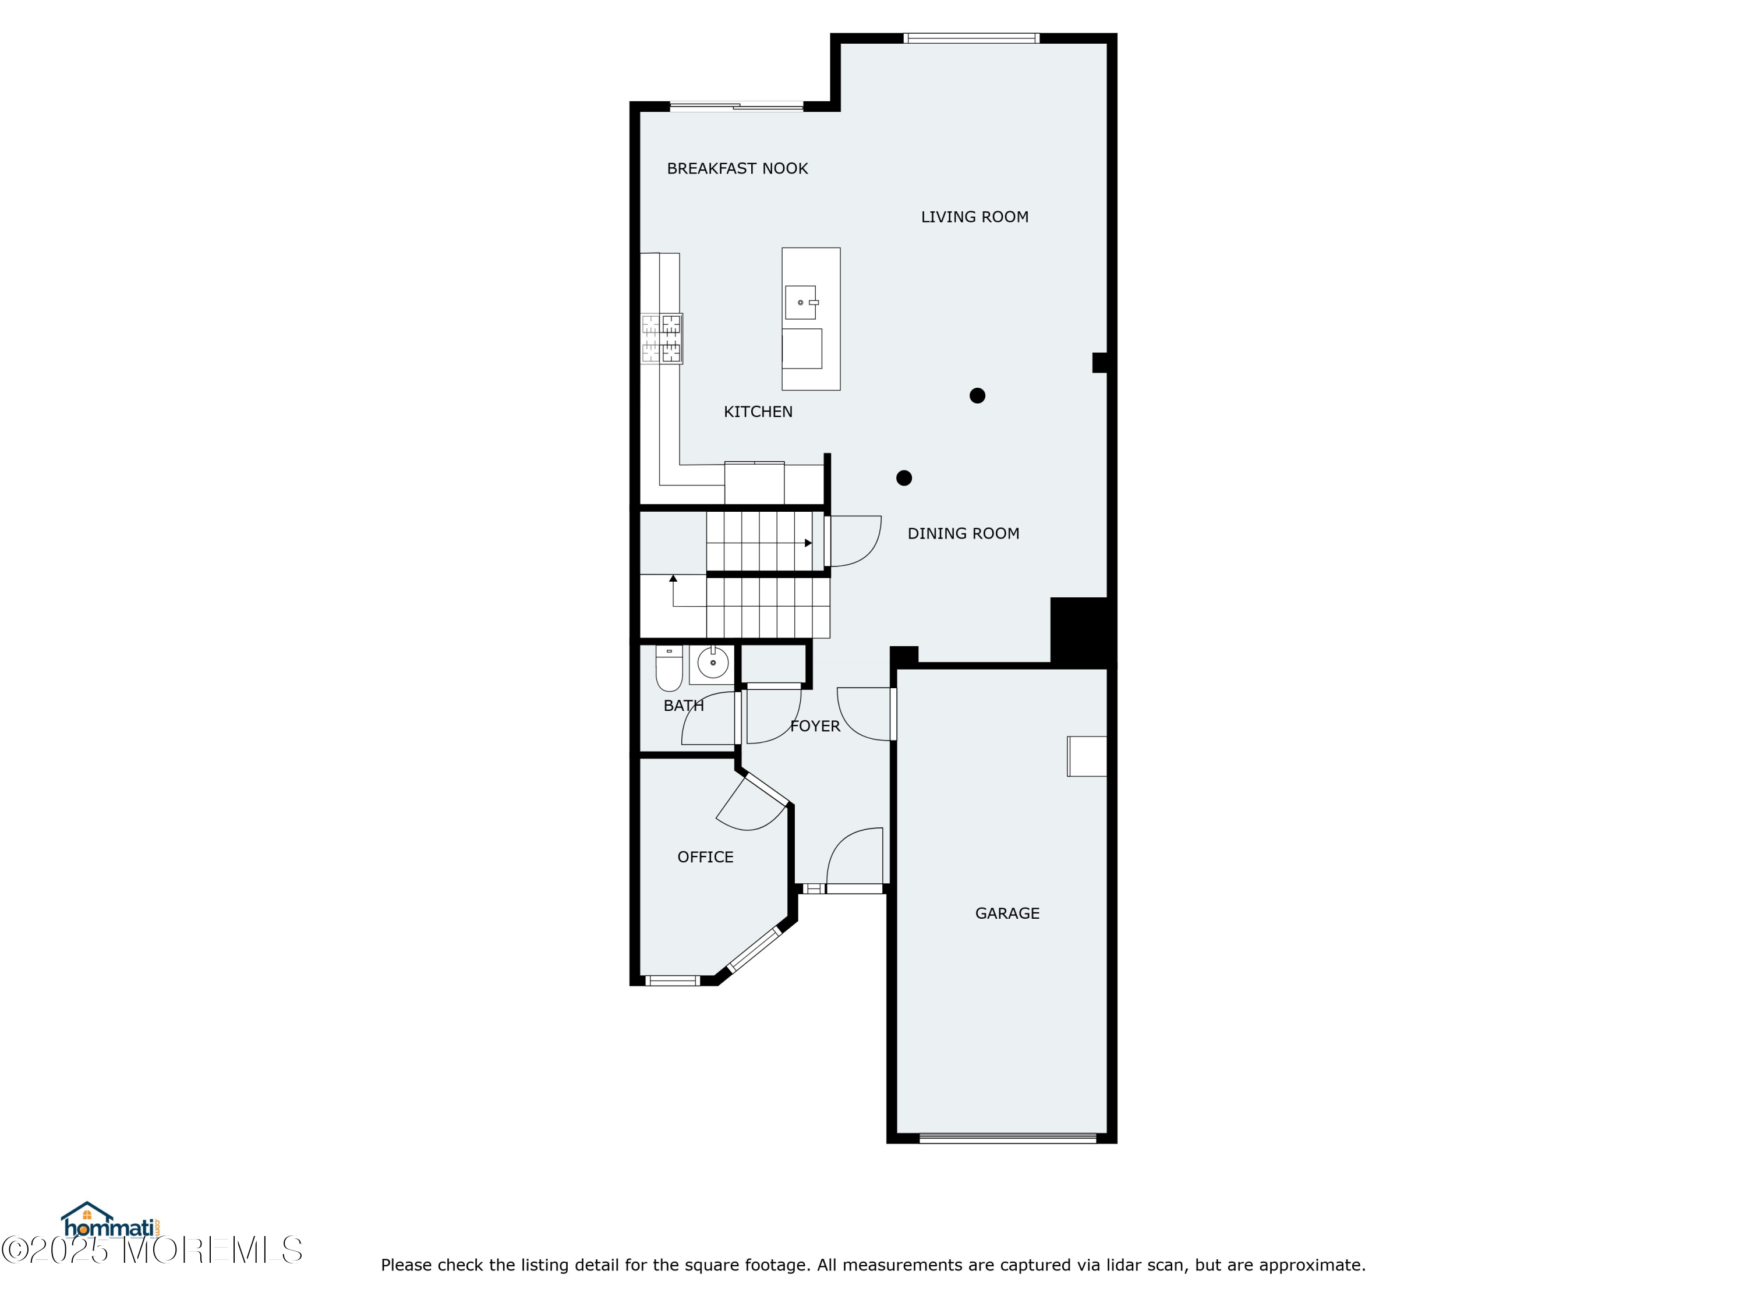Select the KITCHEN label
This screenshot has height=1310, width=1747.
click(758, 412)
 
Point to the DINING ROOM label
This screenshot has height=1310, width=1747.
click(963, 534)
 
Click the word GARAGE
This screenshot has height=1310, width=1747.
click(1007, 914)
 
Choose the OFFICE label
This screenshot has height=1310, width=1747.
click(705, 858)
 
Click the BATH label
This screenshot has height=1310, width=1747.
click(683, 706)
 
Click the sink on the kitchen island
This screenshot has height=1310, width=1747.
click(801, 302)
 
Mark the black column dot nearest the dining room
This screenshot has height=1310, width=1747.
click(904, 478)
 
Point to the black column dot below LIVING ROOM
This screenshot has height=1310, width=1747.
click(977, 395)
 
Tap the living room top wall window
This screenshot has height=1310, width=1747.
click(971, 38)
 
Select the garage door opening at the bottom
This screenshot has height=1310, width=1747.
click(1008, 1139)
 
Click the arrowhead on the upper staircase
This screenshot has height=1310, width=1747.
click(808, 543)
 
